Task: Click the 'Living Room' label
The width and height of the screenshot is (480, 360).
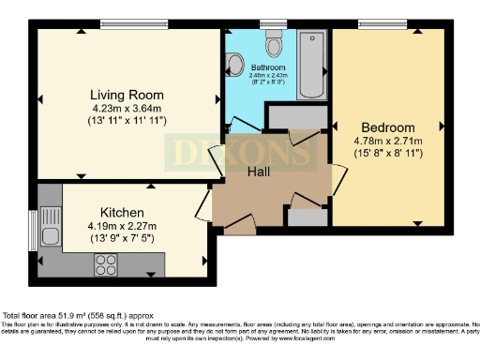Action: pyautogui.click(x=127, y=95)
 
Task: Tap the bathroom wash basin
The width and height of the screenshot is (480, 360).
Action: pyautogui.click(x=233, y=64)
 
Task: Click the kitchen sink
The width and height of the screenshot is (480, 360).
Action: pyautogui.click(x=50, y=235)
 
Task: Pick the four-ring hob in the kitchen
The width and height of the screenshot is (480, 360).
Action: pyautogui.click(x=105, y=264)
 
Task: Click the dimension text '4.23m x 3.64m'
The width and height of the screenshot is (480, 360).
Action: pyautogui.click(x=127, y=109)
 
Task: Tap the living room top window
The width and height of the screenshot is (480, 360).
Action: pyautogui.click(x=128, y=24)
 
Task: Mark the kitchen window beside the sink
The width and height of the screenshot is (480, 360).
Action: pyautogui.click(x=34, y=234)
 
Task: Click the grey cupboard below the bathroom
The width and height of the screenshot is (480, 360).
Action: pyautogui.click(x=292, y=117)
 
